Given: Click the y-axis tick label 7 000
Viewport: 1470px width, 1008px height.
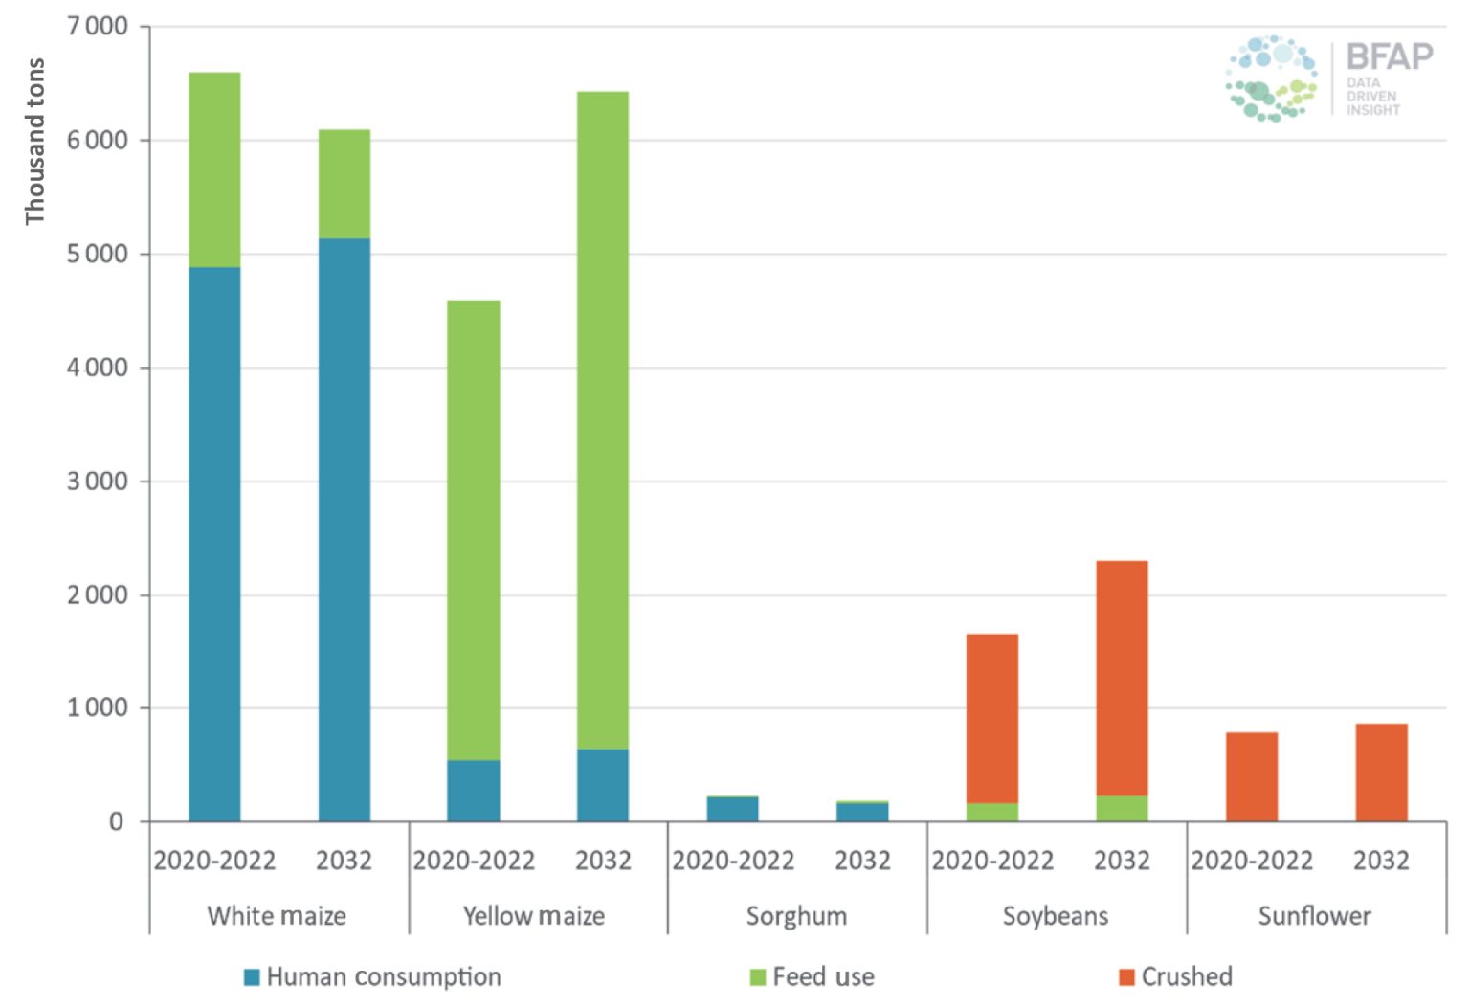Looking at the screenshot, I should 98,26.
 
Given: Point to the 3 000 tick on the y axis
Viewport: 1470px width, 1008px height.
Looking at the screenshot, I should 98,481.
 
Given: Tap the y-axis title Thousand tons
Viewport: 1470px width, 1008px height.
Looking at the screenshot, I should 35,142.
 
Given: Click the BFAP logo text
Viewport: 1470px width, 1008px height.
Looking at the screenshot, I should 1389,57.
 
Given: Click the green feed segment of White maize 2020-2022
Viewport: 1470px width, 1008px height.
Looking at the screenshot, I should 214,169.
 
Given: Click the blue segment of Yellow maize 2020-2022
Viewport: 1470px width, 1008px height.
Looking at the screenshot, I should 474,791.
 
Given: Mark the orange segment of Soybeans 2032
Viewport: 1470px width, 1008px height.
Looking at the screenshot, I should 1122,678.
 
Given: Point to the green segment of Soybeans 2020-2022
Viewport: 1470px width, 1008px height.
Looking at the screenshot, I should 992,812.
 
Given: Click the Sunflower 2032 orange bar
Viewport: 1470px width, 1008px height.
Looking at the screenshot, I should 1381,773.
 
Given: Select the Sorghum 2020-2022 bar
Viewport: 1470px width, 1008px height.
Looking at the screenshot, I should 733,809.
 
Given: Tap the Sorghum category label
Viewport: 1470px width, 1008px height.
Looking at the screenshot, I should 796,916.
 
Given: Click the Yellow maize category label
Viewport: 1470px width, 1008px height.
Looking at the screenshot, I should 534,916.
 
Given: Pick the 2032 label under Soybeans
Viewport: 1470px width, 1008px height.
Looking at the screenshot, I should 1122,861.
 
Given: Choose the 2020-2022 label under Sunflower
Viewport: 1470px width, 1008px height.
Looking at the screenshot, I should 1252,861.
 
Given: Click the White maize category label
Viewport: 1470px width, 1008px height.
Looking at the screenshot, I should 277,916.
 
